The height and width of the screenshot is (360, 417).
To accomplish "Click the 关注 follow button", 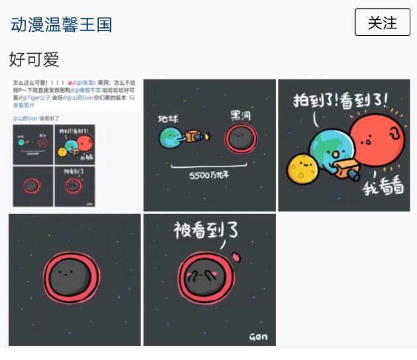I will pyautogui.click(x=383, y=23).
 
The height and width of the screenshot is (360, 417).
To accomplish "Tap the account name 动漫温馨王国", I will pyautogui.click(x=61, y=25).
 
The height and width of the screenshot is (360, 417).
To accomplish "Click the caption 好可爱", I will pyautogui.click(x=34, y=60).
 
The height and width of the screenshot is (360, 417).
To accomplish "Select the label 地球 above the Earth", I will pyautogui.click(x=168, y=120).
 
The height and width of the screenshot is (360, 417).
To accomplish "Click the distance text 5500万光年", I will pyautogui.click(x=209, y=176).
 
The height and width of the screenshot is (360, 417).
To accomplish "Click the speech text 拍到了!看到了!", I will pyautogui.click(x=341, y=101).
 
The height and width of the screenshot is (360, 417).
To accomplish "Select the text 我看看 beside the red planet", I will pyautogui.click(x=383, y=188).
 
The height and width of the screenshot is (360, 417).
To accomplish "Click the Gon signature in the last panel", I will pyautogui.click(x=258, y=337).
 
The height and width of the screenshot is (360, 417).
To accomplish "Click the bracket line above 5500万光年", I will pyautogui.click(x=209, y=164).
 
